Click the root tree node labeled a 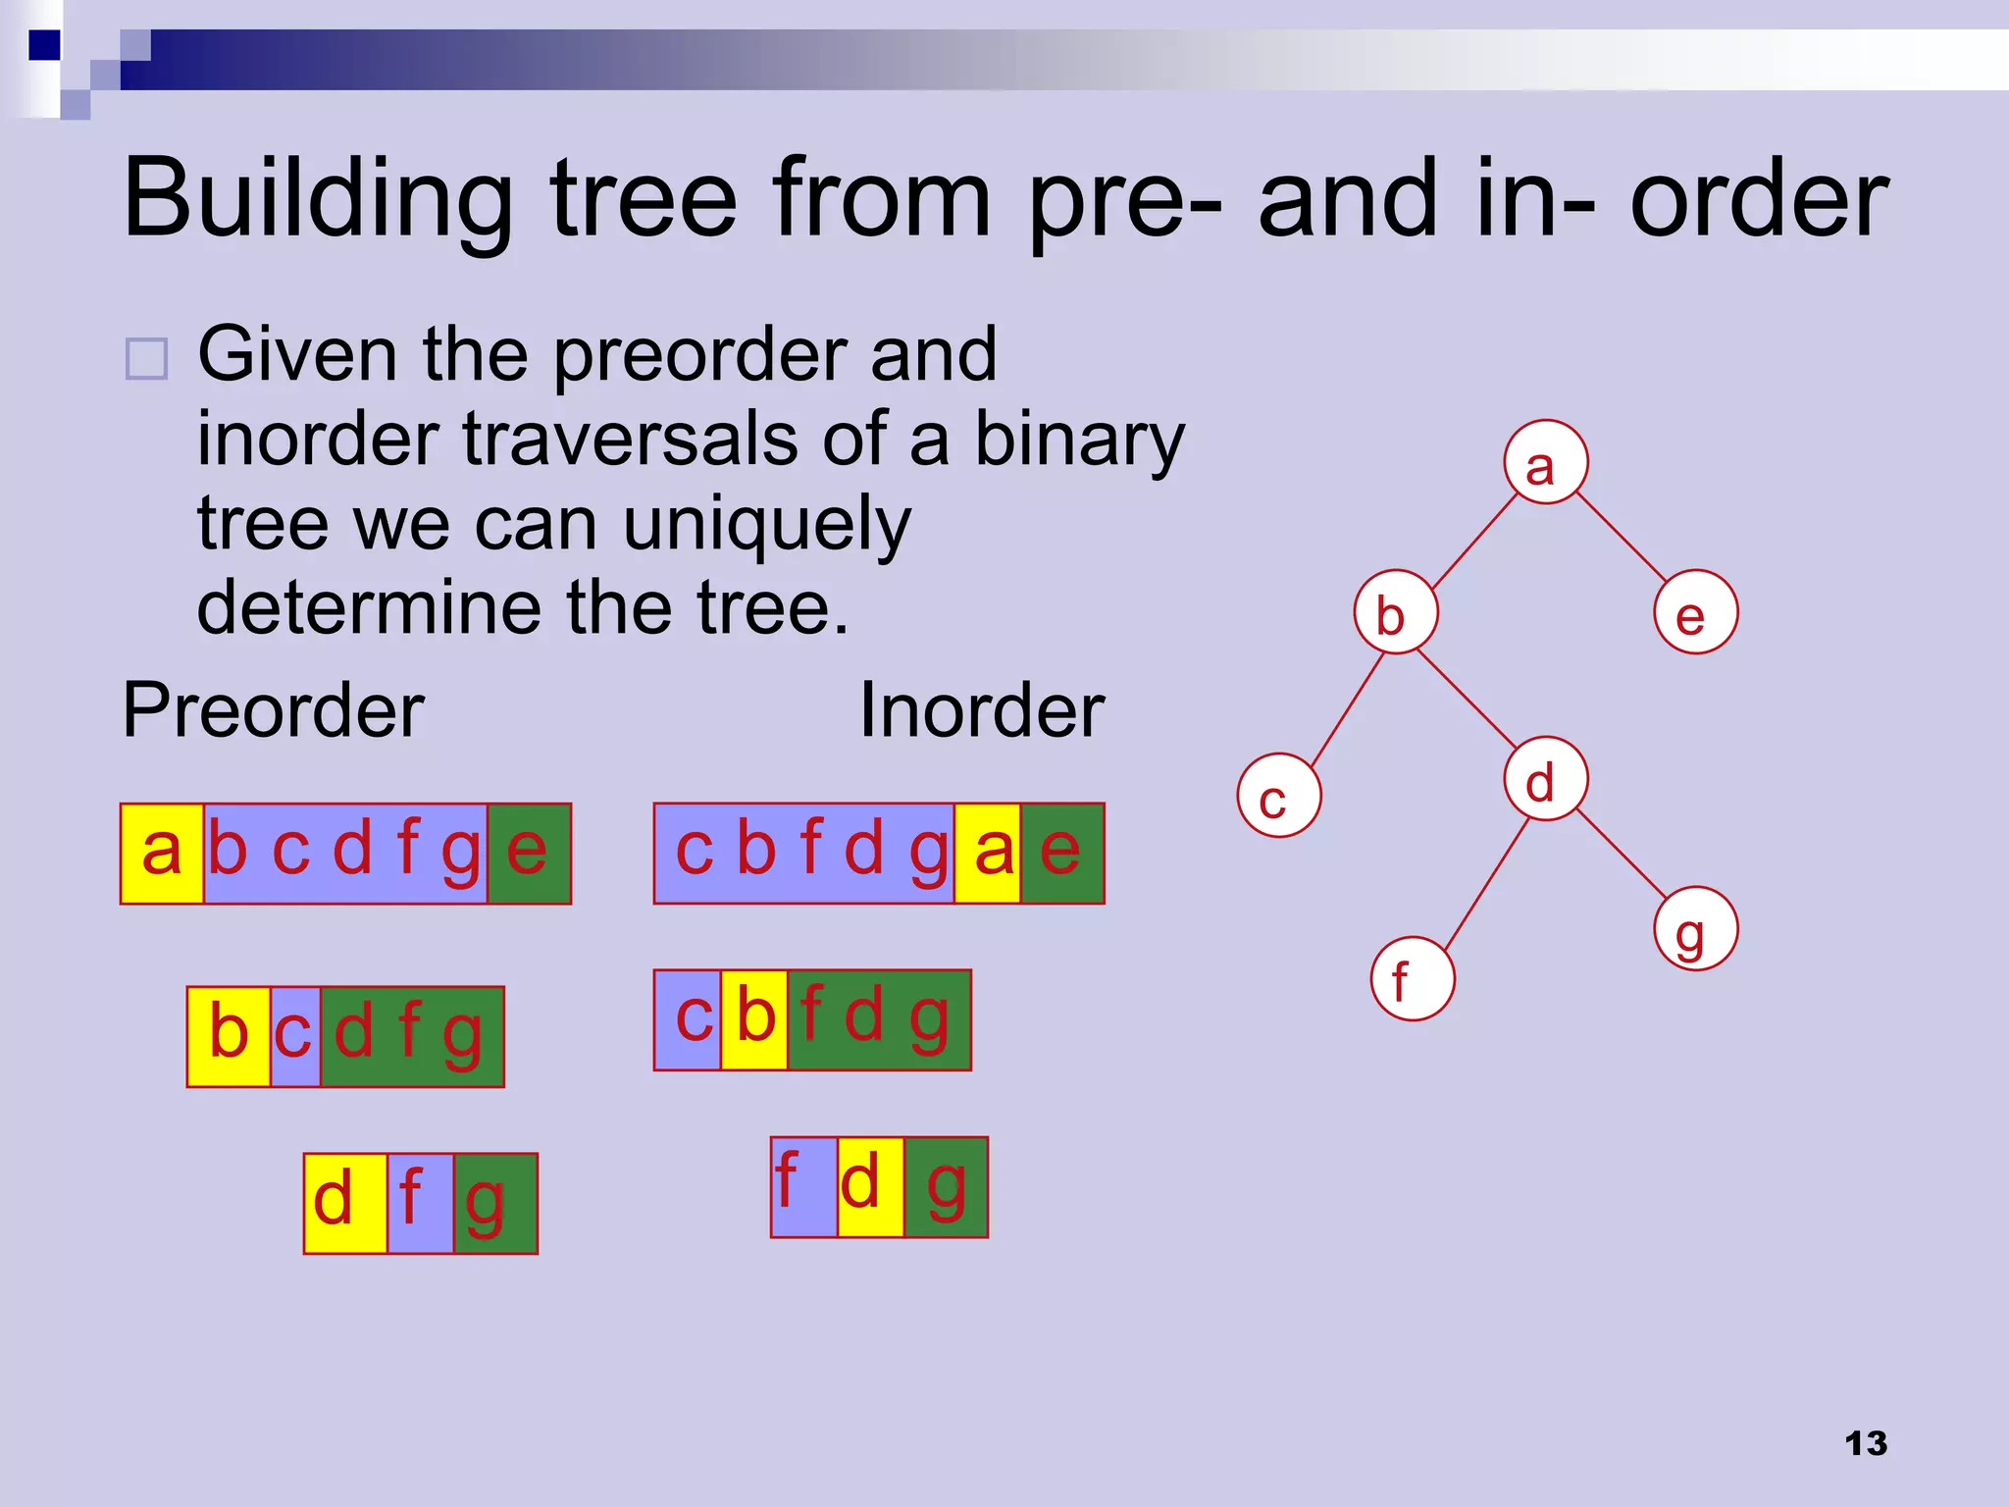1545,462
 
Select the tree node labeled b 1395,612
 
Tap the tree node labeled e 1695,612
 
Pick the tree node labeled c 1278,795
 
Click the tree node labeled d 1545,779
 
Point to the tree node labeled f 1412,978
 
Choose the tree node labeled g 1695,928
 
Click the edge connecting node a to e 1621,537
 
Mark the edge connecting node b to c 1346,710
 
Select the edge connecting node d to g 1621,855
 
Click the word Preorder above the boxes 273,710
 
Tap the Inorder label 981,710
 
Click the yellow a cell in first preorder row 162,853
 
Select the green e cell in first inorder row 1061,853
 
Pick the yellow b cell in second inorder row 753,1019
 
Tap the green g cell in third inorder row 945,1187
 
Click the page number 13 1865,1443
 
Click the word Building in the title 317,199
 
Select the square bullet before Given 147,359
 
